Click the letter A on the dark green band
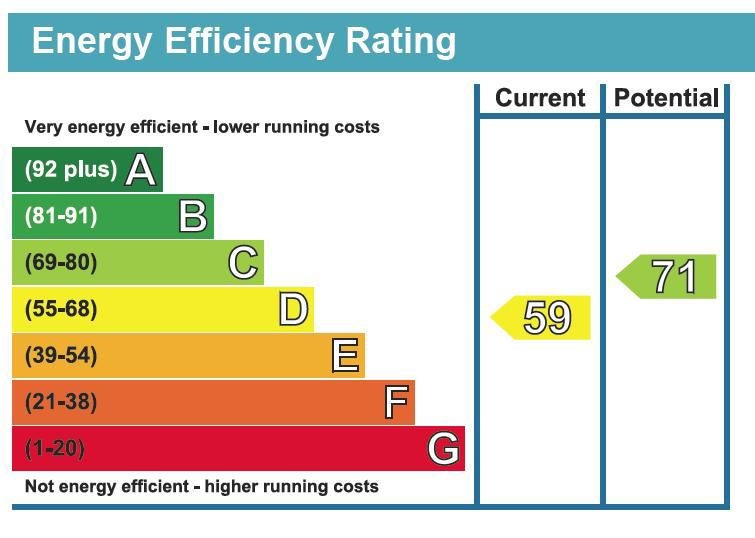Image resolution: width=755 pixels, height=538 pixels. (x=141, y=170)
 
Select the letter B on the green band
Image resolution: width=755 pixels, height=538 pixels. (x=193, y=216)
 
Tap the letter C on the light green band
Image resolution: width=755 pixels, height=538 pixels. (x=243, y=262)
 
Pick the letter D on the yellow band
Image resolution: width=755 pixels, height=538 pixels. (x=293, y=309)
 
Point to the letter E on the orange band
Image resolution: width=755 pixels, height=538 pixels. (x=345, y=355)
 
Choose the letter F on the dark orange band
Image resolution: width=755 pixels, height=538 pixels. (x=397, y=402)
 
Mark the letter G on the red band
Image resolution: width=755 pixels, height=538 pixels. (x=443, y=448)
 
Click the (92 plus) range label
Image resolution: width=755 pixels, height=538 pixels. (x=71, y=170)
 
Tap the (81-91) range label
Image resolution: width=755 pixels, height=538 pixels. (x=61, y=216)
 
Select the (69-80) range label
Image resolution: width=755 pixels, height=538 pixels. (x=61, y=262)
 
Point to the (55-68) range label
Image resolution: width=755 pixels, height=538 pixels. (x=61, y=309)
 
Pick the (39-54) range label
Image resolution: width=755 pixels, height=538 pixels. (x=61, y=355)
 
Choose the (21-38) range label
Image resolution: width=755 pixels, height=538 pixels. (x=61, y=402)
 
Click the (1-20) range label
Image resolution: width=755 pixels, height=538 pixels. (x=55, y=448)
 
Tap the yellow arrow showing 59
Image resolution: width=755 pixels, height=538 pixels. (x=540, y=318)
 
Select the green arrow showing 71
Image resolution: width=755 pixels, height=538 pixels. (x=666, y=276)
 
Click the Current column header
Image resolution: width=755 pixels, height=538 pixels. (x=540, y=98)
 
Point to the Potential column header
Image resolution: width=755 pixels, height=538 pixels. (x=666, y=98)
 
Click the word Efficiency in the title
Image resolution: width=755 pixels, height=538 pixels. (x=249, y=42)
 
